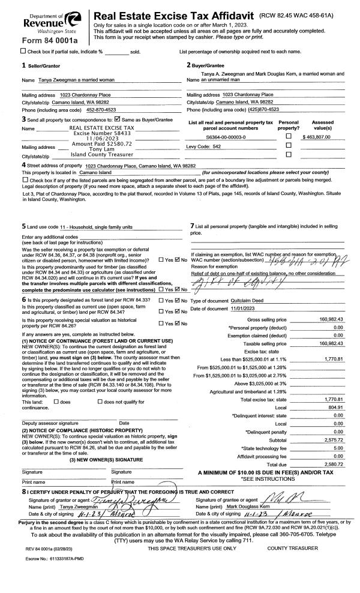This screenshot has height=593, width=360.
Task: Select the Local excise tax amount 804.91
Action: (x=333, y=406)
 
